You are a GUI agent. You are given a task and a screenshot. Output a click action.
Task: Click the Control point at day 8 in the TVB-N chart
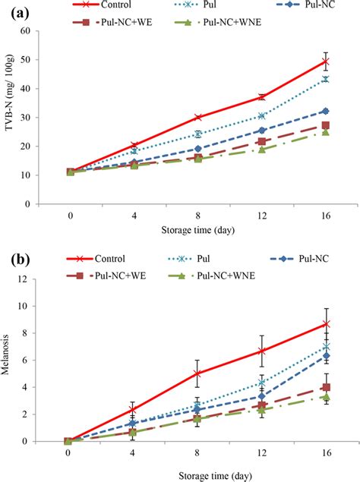(x=197, y=117)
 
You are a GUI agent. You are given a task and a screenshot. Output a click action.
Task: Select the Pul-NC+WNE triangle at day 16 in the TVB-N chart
(x=326, y=132)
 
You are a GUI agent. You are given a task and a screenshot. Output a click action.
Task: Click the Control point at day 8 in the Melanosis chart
(x=197, y=373)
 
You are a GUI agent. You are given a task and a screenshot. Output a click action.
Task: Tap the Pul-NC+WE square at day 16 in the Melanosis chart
(x=326, y=387)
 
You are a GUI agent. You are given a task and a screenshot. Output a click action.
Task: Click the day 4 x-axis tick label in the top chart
(x=133, y=215)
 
